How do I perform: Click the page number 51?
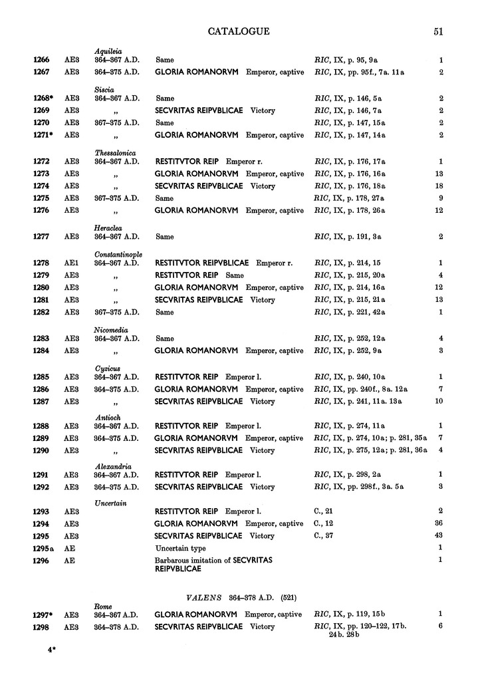pyautogui.click(x=438, y=31)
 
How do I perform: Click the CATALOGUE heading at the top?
pyautogui.click(x=239, y=31)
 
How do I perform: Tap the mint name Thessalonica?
pyautogui.click(x=116, y=152)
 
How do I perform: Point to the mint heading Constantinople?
pyautogui.click(x=120, y=254)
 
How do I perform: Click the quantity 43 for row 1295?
pyautogui.click(x=438, y=535)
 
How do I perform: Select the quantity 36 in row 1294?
pyautogui.click(x=438, y=523)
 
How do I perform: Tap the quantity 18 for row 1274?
pyautogui.click(x=438, y=186)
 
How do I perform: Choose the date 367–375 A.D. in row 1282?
pyautogui.click(x=116, y=312)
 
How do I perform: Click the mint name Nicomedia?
pyautogui.click(x=112, y=330)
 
